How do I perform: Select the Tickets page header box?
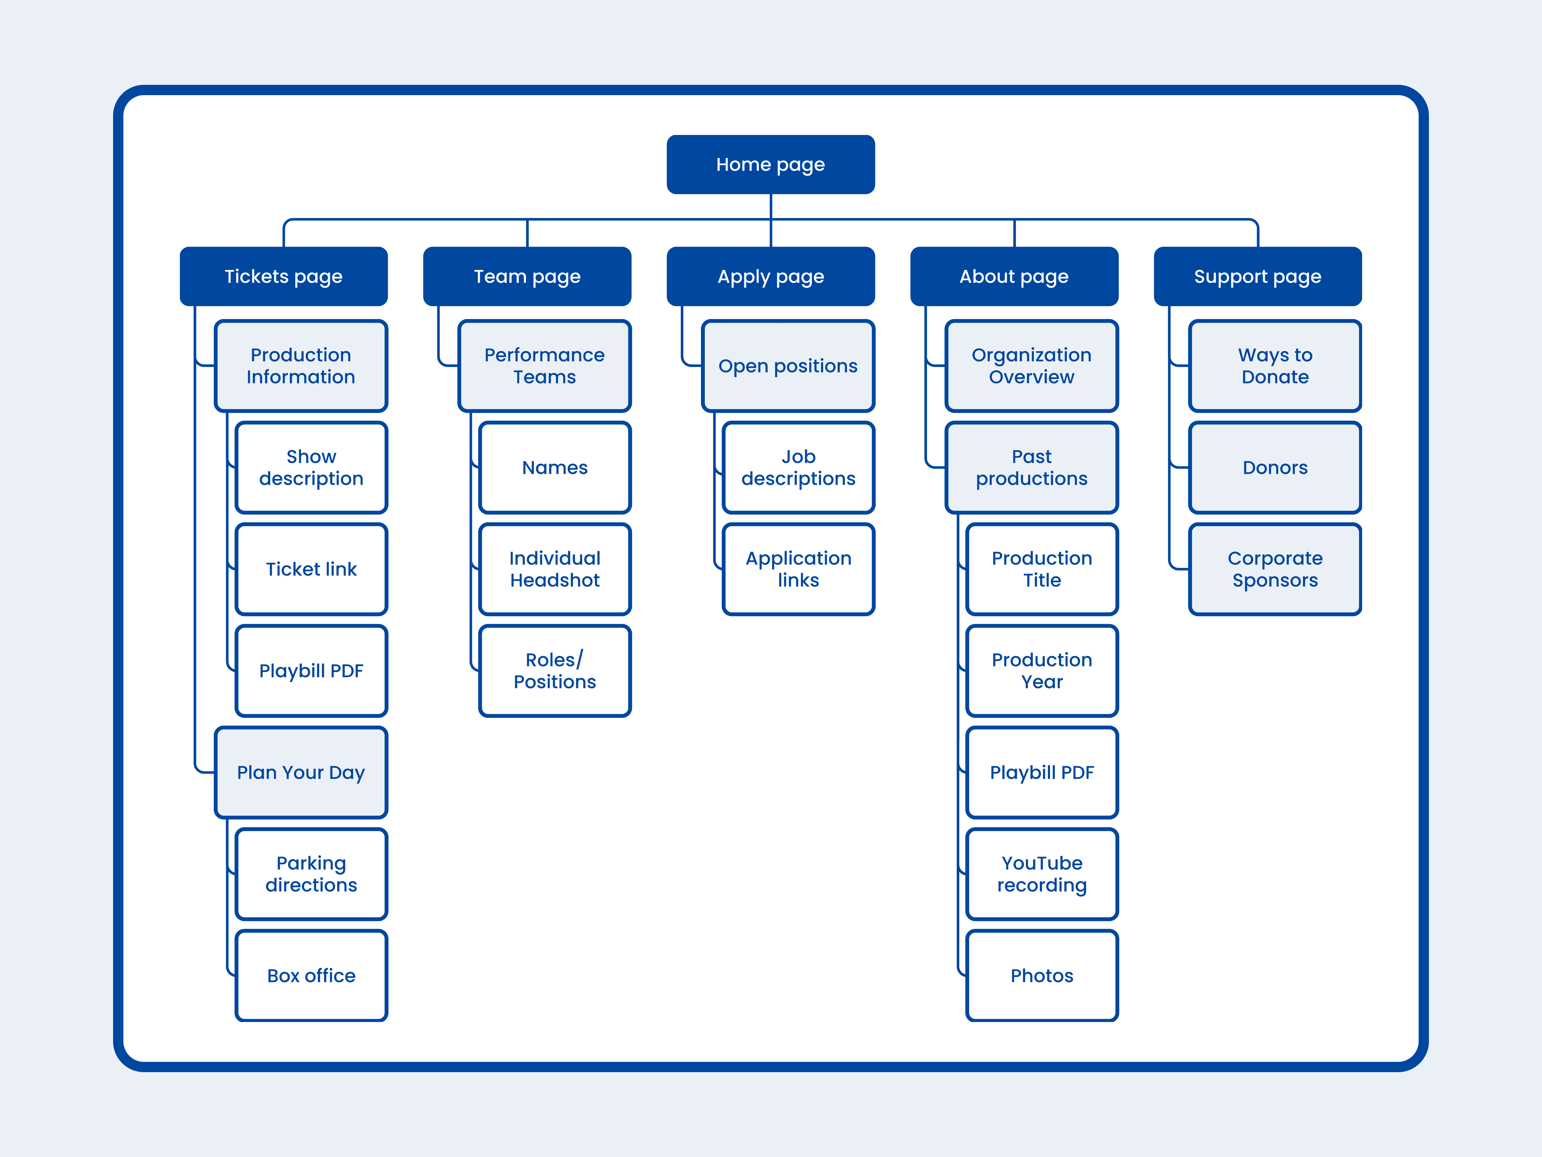click(284, 276)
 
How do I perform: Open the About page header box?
click(1014, 276)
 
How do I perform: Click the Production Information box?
click(301, 366)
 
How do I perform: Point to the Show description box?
click(312, 467)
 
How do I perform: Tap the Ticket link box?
click(312, 569)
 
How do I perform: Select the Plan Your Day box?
click(301, 772)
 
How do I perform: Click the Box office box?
click(312, 976)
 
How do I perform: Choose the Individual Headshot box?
click(555, 569)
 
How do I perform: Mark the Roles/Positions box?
click(555, 671)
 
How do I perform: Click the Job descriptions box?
click(799, 467)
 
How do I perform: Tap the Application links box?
click(799, 569)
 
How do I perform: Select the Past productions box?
click(1032, 467)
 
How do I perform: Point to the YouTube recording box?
click(1042, 874)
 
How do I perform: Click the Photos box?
click(1042, 976)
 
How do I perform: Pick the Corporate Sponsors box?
click(1275, 569)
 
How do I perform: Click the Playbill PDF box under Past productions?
click(1042, 772)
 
